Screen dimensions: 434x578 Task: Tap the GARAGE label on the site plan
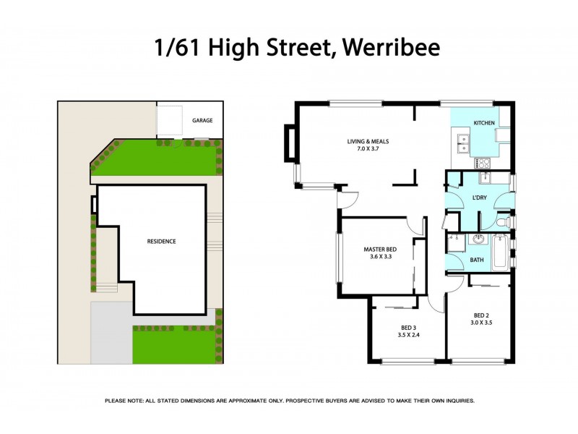tap(202, 121)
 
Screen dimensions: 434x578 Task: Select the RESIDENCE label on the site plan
tap(162, 242)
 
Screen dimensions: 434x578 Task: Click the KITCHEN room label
tap(484, 123)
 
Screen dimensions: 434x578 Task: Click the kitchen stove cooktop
tap(483, 163)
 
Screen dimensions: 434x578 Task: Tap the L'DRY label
tap(478, 197)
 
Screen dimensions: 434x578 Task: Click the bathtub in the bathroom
tap(501, 252)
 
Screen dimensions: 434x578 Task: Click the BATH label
tap(477, 260)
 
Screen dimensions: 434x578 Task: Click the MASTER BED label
tap(379, 250)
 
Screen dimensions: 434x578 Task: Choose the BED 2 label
tap(481, 315)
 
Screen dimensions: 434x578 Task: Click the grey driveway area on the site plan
tap(111, 333)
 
